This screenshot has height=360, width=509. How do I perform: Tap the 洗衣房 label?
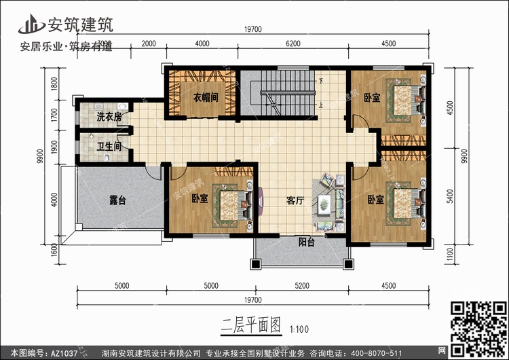coord(109,117)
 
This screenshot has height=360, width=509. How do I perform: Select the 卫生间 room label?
coord(109,145)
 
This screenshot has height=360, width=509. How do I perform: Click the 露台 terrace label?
coord(118,200)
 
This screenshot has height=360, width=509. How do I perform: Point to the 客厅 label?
coord(294,201)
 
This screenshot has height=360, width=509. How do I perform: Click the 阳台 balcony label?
coord(307,241)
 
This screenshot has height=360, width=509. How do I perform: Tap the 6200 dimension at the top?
coord(293,43)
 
